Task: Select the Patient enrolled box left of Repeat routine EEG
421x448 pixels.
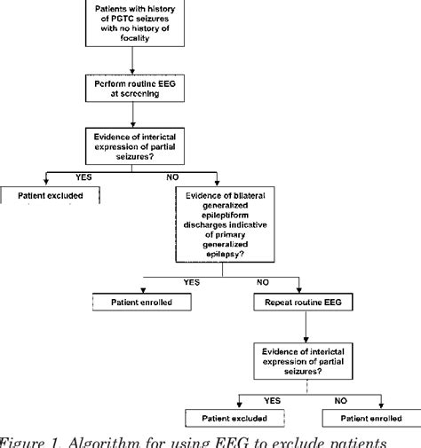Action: (142, 303)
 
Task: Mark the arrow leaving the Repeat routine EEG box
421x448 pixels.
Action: (306, 329)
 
